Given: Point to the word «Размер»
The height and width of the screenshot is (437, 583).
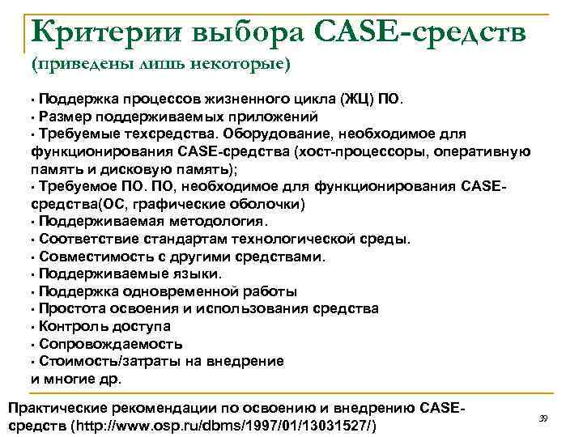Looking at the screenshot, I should [x=62, y=117].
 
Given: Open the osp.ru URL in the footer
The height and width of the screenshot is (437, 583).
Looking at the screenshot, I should [x=227, y=425].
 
